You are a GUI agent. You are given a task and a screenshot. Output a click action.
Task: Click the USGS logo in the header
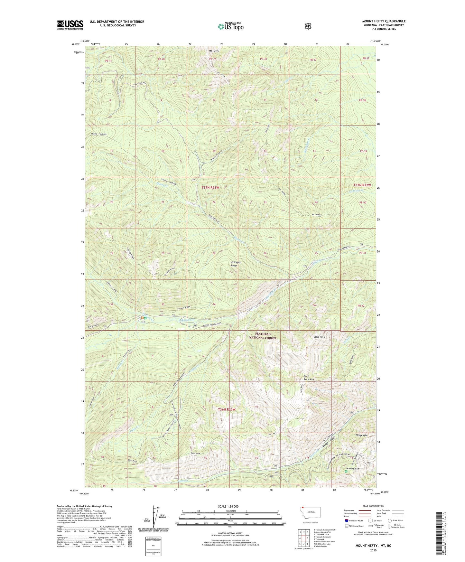[70, 25]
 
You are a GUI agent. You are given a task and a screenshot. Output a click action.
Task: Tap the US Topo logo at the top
[230, 26]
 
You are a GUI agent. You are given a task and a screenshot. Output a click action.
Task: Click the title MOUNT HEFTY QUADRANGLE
[384, 21]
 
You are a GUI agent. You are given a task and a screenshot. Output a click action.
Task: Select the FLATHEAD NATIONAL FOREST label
[263, 336]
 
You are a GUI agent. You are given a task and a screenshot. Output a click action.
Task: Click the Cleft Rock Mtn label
[309, 378]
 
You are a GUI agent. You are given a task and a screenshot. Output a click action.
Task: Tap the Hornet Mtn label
[352, 468]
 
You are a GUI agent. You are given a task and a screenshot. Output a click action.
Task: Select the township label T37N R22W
[362, 185]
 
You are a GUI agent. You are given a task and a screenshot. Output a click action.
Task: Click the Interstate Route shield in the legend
[346, 520]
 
